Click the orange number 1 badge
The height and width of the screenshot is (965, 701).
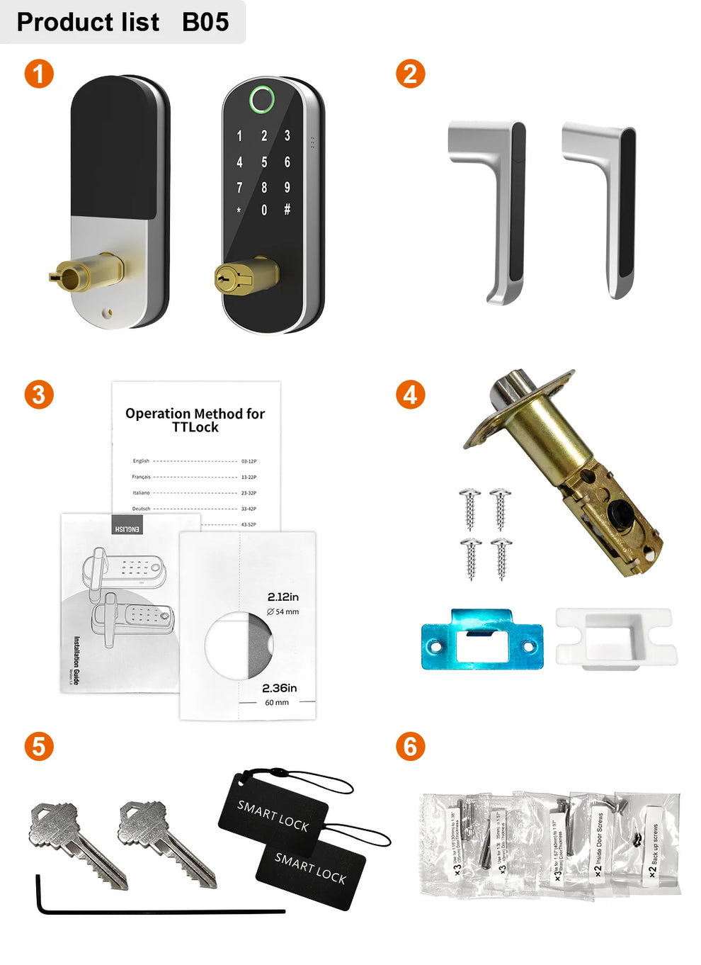coord(39,74)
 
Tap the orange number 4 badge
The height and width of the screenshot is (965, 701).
coord(410,395)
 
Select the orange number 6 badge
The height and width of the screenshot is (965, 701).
coord(410,746)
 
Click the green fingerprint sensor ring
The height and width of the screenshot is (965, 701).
coord(261,100)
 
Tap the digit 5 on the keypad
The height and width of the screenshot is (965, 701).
coord(264,162)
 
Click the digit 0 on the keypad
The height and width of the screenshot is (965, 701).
coord(264,210)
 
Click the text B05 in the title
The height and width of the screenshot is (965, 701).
coord(205,22)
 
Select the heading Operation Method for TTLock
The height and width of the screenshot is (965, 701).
coord(195,420)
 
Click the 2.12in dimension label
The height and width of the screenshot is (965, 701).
coord(283,597)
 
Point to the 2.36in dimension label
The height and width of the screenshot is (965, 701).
coord(279,688)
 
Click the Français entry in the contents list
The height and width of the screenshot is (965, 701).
coord(141,477)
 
